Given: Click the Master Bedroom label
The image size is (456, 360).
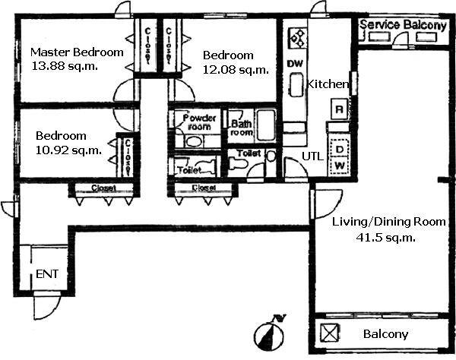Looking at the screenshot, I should pos(76,52).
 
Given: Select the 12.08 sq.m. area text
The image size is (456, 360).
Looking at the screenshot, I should pos(236,70).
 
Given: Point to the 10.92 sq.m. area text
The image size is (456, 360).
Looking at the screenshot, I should pos(68,150).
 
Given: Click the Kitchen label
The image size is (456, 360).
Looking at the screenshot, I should pos(327,84).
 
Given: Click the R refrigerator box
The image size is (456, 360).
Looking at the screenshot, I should pos(338,109).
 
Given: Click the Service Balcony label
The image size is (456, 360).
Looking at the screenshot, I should pos(403,25).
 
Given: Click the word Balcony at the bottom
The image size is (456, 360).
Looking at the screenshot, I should pos(386,334).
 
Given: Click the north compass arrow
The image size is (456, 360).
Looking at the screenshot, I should pos(269,333).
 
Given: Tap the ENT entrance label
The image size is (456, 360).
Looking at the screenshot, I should pos(46,273).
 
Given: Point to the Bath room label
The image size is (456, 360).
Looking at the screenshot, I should pos(242,128).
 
